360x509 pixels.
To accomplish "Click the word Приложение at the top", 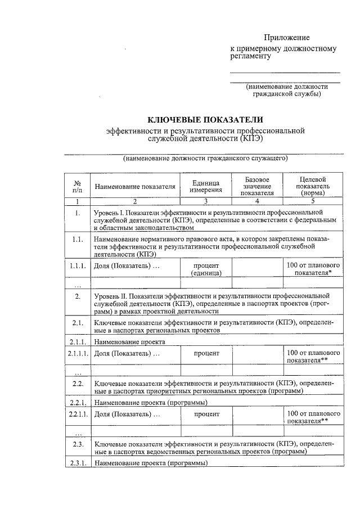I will (x=287, y=38).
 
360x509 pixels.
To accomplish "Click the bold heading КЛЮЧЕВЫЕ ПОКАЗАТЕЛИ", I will (x=205, y=120).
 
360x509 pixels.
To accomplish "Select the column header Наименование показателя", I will (x=135, y=186).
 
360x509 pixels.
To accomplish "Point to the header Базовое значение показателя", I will (x=256, y=186).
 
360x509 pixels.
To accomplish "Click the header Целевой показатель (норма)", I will (x=313, y=186).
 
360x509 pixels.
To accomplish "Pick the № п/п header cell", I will (x=77, y=187).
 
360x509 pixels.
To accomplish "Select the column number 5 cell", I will (x=313, y=200).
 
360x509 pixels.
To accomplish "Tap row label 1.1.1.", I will (x=77, y=265).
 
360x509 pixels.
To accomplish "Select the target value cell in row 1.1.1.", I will (x=313, y=269).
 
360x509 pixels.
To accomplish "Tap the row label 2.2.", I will (x=77, y=384).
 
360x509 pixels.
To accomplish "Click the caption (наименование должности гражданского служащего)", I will (x=205, y=159).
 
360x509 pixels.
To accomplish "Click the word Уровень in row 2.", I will (x=107, y=295).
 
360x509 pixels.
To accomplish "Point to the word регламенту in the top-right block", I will (x=251, y=56).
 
